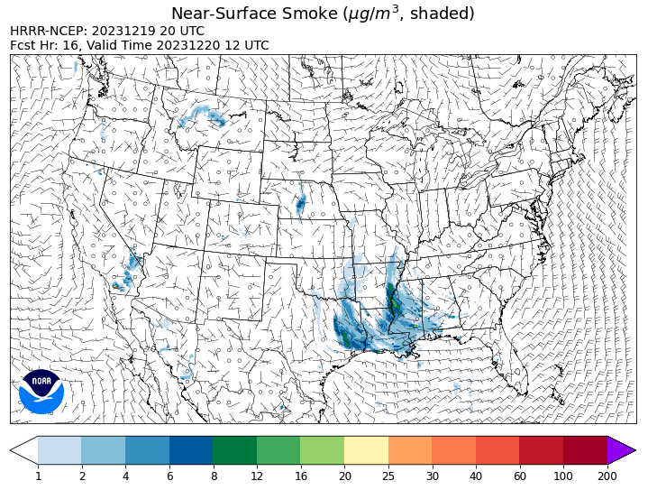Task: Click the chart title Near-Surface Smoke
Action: [x=323, y=14]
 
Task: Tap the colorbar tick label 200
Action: [x=607, y=476]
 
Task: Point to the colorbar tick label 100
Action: [x=563, y=476]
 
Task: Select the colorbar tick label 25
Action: [x=388, y=476]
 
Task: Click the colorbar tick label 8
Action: [x=213, y=476]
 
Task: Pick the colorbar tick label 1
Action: [x=38, y=476]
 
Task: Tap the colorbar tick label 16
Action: [x=301, y=476]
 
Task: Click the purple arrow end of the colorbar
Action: [x=621, y=450]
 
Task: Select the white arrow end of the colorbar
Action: [x=24, y=450]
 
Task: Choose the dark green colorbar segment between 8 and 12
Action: [x=234, y=450]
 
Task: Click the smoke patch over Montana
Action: [x=203, y=116]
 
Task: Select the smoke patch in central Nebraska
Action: [x=300, y=204]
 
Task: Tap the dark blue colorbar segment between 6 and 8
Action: [x=191, y=450]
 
